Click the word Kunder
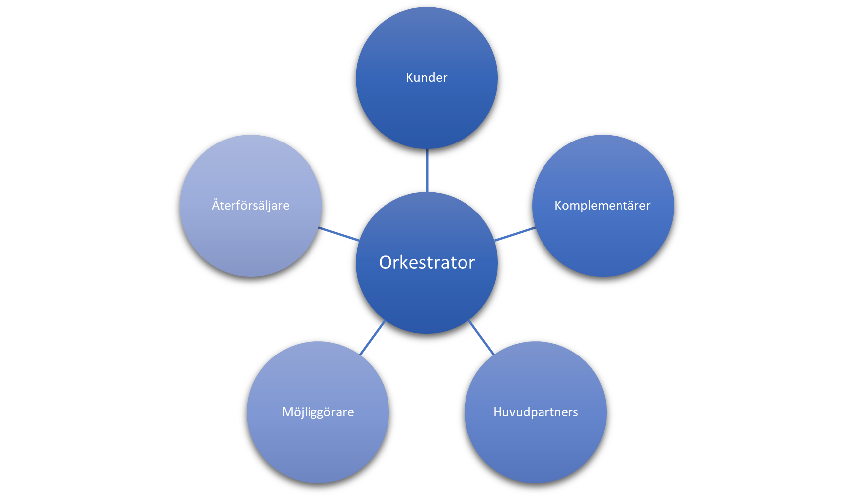coord(426,78)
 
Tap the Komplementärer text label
coord(602,206)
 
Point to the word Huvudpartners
coord(536,412)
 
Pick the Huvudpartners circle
coord(536,447)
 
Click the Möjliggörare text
coord(318,412)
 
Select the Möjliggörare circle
coord(318,447)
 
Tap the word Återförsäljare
coord(250,205)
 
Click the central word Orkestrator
coord(427,262)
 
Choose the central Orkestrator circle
coord(427,298)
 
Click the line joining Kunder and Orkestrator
coord(427,170)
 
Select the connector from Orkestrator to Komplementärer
coord(515,234)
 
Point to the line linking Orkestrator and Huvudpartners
coord(481,337)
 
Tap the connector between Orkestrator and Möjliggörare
coord(373,337)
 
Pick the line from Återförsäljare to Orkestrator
coord(339,234)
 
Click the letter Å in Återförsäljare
coord(216,204)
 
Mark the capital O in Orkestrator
coord(386,262)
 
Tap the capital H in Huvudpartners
coord(497,412)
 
